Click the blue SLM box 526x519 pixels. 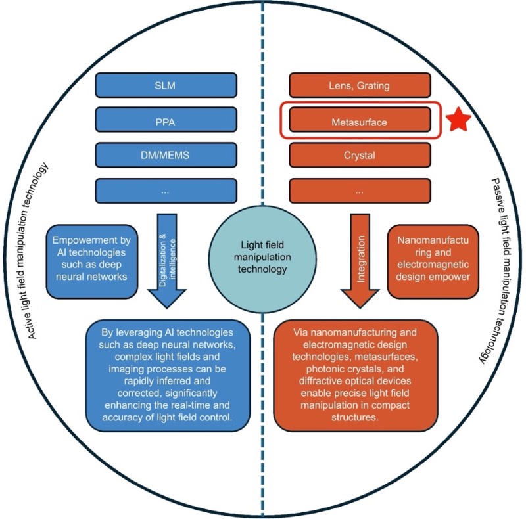(166, 85)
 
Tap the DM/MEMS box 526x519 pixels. (166, 156)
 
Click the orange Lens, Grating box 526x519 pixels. (360, 85)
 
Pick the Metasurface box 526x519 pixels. (360, 121)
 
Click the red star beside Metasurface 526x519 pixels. (460, 120)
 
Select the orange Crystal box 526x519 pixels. (360, 156)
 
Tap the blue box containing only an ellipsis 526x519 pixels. (166, 191)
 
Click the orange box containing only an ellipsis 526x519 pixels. (360, 191)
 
